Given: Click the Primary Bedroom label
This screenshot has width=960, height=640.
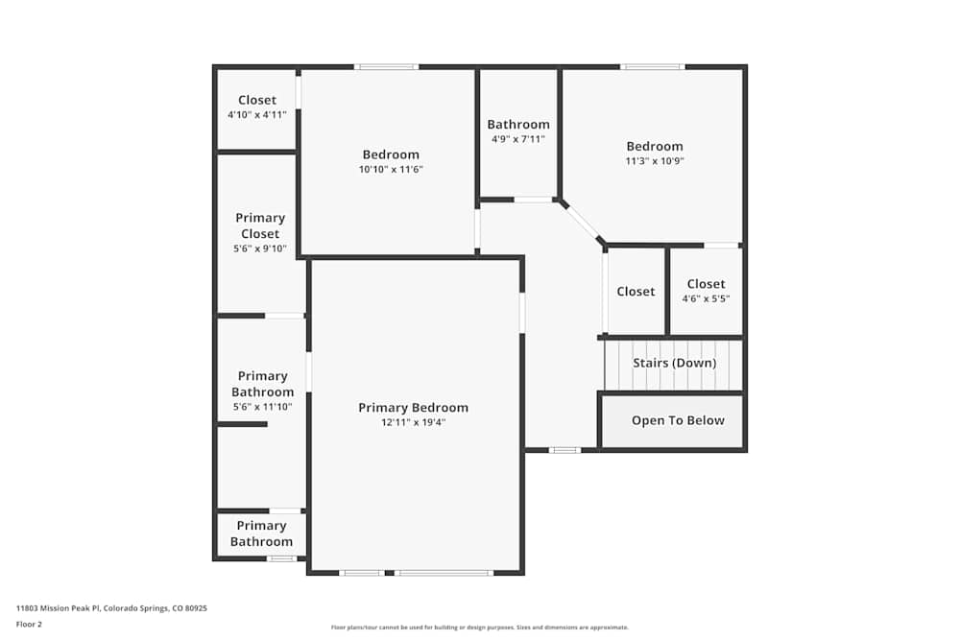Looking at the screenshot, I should coord(413,408).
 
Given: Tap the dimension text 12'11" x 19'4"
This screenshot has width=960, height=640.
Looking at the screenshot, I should coord(413,422).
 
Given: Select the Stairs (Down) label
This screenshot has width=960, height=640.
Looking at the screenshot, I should coord(674,363).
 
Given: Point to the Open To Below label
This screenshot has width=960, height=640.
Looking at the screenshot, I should coord(678,420).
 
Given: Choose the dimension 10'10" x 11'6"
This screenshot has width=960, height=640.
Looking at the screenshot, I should coord(391,169).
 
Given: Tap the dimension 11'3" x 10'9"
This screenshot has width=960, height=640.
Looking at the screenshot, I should coord(654,161).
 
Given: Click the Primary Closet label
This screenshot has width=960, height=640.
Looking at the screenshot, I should coord(260,225).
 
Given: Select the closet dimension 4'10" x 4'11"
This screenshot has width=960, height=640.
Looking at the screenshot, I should coord(257,115).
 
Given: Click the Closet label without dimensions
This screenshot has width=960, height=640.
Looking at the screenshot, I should coord(636,292).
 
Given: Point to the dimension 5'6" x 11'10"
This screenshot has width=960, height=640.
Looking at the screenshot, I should coord(262,407).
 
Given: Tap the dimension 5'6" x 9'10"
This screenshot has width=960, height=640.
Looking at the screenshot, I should coord(260,249).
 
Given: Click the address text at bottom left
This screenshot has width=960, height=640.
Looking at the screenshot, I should coord(111,607).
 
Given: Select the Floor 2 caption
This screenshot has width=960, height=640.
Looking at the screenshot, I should coord(29,624).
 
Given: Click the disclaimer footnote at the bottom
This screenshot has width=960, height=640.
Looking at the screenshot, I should coord(480,627).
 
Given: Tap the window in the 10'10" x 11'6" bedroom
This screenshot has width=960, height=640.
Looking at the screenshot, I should coord(386,67).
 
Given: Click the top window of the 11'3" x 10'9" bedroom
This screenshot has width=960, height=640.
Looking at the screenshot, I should coord(652,67).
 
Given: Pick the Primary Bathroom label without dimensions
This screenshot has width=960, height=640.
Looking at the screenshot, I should coord(261,533).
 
